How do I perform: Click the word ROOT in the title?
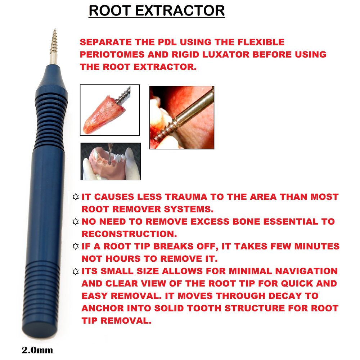pos(110,10)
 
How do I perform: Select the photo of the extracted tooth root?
pos(109,110)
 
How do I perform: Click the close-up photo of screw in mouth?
pos(181,117)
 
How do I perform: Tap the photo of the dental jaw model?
pos(111,162)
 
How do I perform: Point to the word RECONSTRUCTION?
pos(129,234)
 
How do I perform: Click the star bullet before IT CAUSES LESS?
pos(76,197)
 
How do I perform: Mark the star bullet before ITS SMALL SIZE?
pos(76,271)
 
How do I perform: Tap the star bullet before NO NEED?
pos(76,222)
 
